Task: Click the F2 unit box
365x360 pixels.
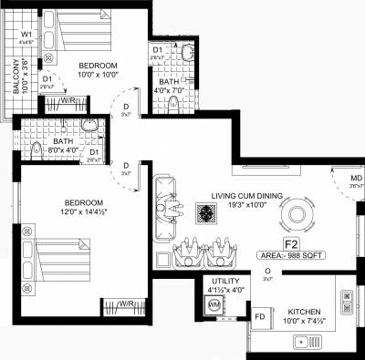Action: point(291,244)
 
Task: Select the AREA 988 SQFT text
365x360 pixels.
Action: point(291,258)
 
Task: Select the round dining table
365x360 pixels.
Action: point(297,217)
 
